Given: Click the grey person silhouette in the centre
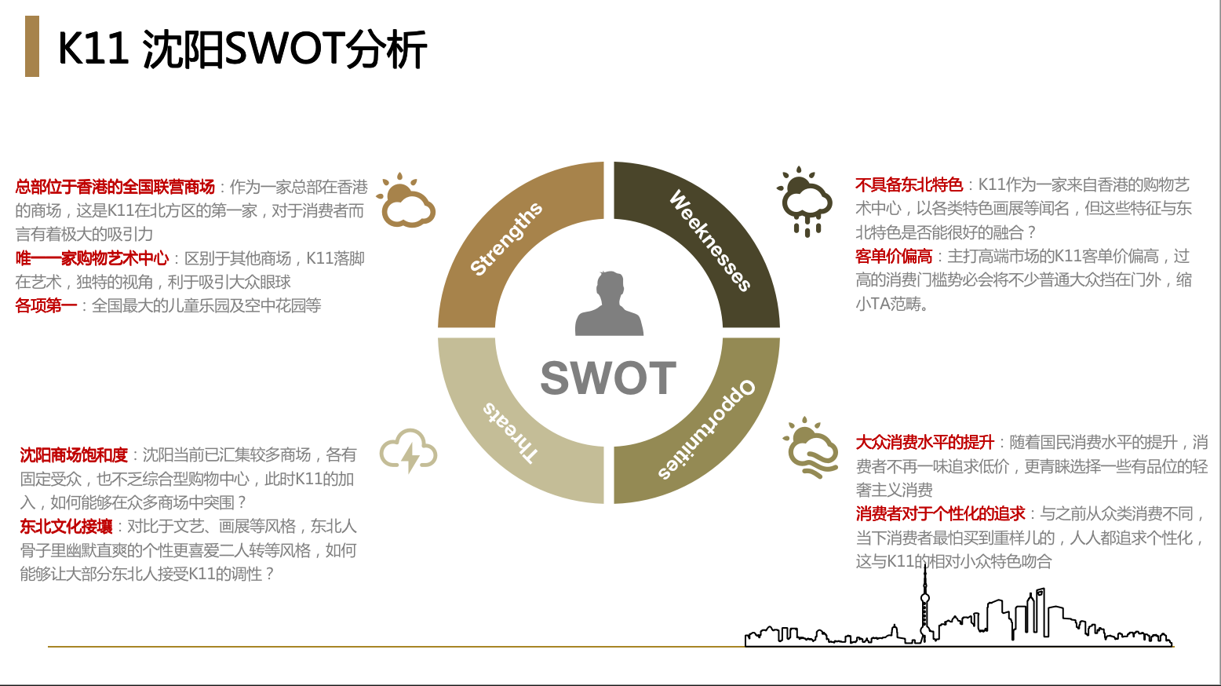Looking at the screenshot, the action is [609, 303].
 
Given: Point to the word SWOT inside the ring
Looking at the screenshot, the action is [608, 378].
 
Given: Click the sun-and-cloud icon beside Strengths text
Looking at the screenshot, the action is [406, 201].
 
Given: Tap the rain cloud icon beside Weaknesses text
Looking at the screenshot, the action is [804, 201].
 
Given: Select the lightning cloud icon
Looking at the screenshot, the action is [408, 451].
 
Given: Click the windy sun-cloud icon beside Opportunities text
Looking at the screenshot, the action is [811, 447].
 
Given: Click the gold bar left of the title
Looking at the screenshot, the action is [32, 46].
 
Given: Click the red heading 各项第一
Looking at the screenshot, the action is [46, 305].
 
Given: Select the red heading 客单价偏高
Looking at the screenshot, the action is [894, 256].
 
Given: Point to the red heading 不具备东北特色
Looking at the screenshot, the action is [909, 185].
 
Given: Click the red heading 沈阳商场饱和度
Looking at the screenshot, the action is [74, 454].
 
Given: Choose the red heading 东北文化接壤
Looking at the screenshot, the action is [66, 526].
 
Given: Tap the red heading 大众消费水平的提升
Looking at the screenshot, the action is [925, 442].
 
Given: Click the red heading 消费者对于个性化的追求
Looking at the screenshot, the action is [941, 513].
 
